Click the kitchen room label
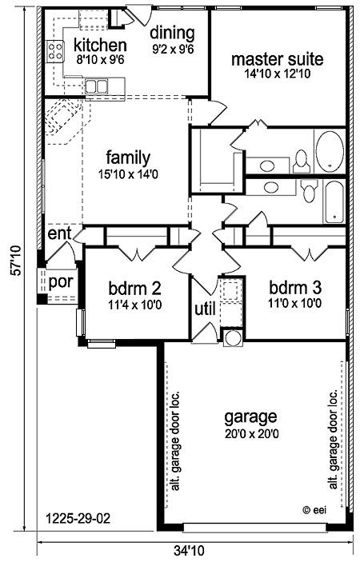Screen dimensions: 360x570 coord(100,46)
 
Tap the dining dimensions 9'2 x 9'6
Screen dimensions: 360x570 coord(173,49)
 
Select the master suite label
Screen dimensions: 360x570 coord(277,59)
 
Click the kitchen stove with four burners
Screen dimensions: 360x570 coord(55,51)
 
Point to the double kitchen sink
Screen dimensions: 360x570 coord(96,86)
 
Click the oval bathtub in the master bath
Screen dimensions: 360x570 coord(330,152)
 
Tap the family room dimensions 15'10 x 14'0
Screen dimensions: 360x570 coord(128,174)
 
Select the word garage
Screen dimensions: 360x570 coord(250,417)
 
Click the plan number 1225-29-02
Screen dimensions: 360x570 coord(78,518)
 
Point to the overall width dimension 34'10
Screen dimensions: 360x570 coord(189,551)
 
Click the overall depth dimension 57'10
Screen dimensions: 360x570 coord(15,261)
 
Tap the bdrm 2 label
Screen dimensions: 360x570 coord(134,289)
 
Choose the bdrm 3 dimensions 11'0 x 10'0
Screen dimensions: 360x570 coord(295,303)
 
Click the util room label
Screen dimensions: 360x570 coord(205,309)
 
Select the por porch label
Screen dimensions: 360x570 coord(61,282)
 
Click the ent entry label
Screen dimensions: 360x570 coord(59,233)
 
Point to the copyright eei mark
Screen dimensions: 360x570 coord(314,510)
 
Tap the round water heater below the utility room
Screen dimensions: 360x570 coord(232,337)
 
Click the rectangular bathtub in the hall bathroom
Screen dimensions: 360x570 coord(334,202)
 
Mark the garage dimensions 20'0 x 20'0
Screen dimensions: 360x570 coord(252,433)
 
